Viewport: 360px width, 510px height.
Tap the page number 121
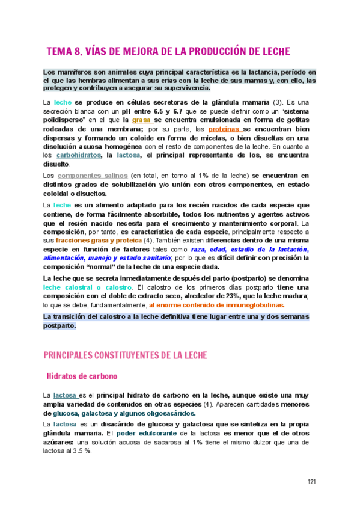pos(312,482)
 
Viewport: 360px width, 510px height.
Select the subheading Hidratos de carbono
pos(82,376)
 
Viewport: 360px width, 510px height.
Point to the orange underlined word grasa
pos(142,120)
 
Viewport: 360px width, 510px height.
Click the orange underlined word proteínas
pos(225,129)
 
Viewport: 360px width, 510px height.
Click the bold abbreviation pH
pos(125,111)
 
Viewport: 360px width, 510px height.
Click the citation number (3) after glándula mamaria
pos(277,102)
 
